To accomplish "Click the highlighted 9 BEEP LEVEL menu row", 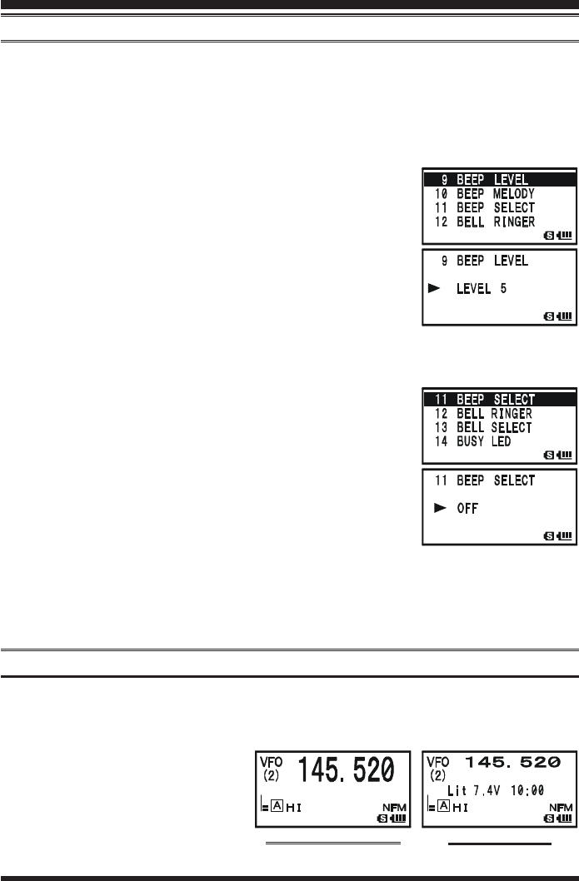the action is coord(497,179).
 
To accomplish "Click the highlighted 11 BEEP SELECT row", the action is coord(497,400).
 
